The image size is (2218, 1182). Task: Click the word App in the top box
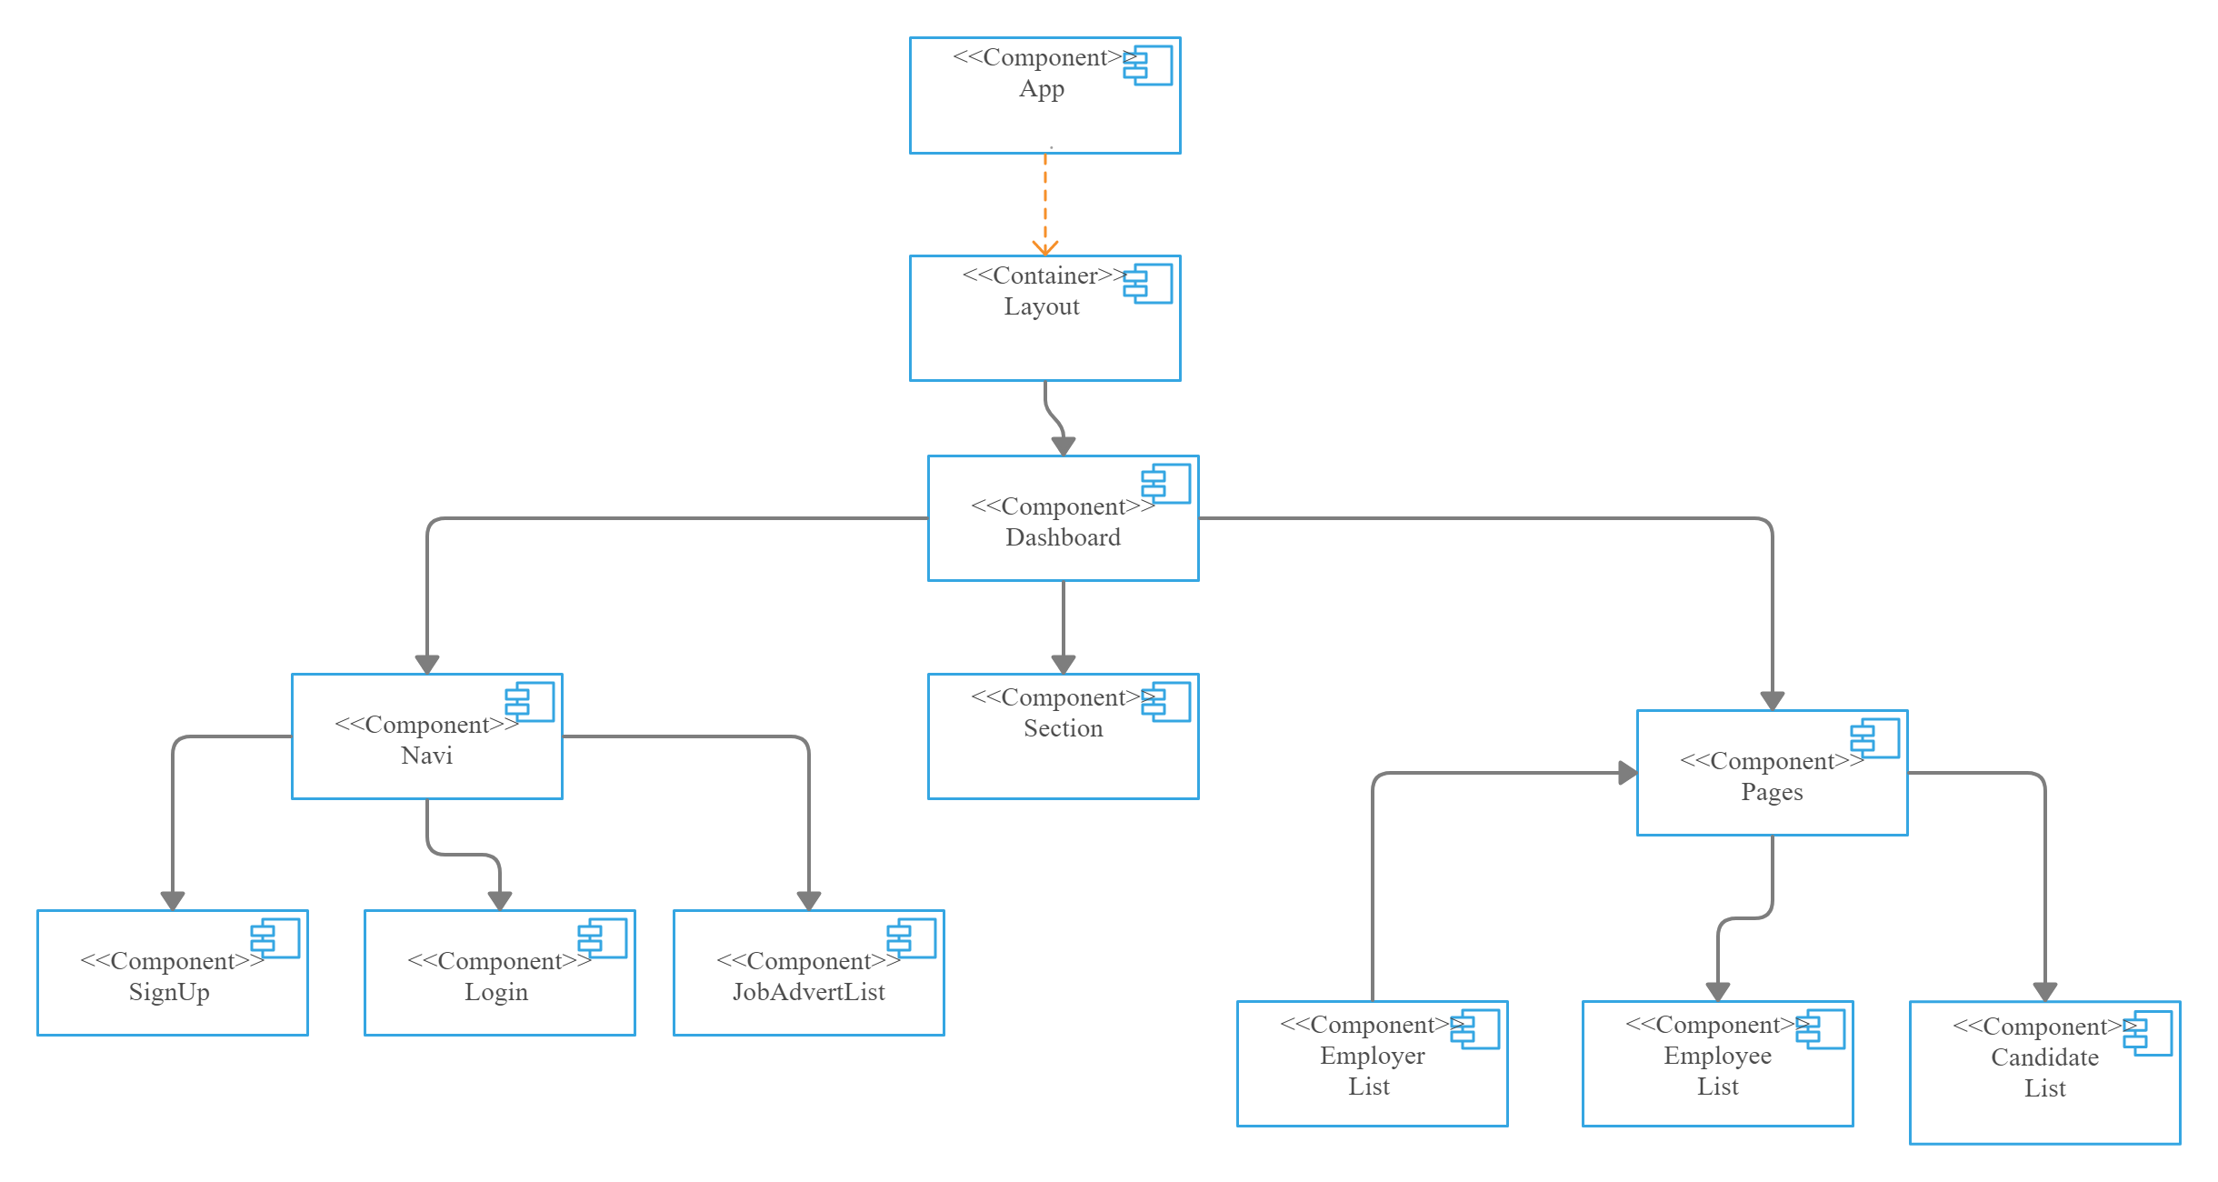(1041, 89)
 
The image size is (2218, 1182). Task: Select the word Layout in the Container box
(1041, 307)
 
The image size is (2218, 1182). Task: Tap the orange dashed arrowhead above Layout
(1045, 247)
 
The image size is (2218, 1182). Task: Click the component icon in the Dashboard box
(1167, 484)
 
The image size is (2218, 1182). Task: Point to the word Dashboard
(1063, 538)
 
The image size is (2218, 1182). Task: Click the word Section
(1063, 729)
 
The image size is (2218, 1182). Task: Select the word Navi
(426, 756)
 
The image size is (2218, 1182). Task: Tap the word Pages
(1772, 793)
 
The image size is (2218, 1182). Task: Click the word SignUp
(169, 993)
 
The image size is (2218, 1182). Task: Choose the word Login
(496, 993)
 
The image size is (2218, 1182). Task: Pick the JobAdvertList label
(808, 993)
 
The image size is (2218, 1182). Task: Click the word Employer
(1372, 1057)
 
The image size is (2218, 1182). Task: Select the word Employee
(1717, 1057)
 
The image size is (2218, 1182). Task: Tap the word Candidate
(2044, 1058)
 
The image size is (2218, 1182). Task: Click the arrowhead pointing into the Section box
(1064, 664)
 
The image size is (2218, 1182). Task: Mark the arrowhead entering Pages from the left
(1627, 773)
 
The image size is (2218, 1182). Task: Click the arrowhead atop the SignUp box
(173, 900)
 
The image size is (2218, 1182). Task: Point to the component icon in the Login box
(604, 938)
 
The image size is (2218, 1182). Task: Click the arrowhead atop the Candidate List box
(2045, 991)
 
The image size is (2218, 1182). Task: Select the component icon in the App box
(1149, 66)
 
